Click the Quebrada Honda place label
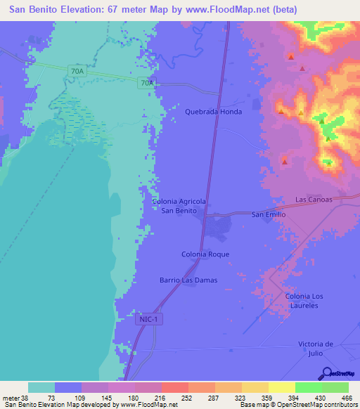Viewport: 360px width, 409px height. [x=213, y=112]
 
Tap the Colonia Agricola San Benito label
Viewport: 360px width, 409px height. [x=179, y=206]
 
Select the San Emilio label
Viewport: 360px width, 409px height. [x=269, y=214]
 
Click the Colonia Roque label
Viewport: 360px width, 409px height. [x=205, y=254]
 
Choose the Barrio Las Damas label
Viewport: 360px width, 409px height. [x=188, y=280]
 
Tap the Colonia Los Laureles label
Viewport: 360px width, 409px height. [x=307, y=301]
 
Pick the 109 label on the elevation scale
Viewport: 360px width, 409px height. [x=82, y=398]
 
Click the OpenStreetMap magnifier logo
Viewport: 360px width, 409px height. [x=326, y=373]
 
